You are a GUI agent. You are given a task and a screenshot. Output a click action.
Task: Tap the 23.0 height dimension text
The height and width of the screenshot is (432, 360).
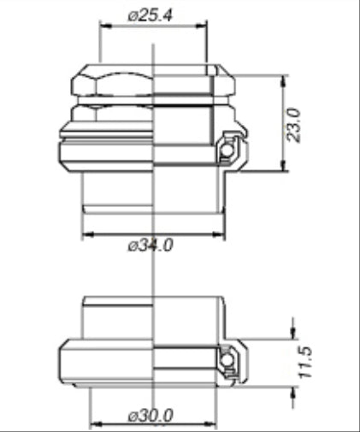[x=295, y=124]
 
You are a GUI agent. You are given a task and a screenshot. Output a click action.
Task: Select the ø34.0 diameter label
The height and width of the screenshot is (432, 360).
[x=150, y=245]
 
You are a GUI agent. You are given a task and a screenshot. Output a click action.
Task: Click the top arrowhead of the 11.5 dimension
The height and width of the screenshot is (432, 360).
[x=293, y=336]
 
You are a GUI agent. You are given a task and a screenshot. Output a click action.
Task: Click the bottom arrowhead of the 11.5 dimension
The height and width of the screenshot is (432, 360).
[x=293, y=386]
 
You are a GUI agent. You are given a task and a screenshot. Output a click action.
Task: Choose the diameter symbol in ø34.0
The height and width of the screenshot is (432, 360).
[x=132, y=246]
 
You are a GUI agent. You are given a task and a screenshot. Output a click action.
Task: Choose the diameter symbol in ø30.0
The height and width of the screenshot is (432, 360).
[x=132, y=417]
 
